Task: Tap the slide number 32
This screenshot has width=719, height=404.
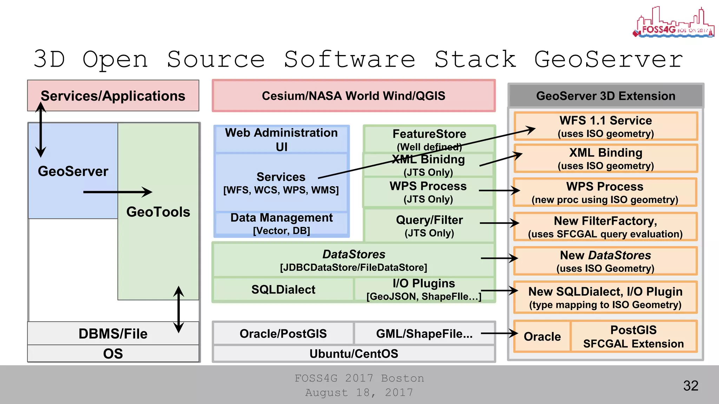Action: (691, 386)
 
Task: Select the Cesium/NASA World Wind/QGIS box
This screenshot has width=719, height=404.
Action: (354, 96)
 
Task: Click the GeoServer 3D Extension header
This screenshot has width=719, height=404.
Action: (606, 96)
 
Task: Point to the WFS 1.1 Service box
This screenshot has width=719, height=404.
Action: (606, 126)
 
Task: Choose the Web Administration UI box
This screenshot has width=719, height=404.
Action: (282, 140)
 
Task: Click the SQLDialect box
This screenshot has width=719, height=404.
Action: (283, 290)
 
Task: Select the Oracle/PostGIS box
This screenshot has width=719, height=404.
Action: (283, 334)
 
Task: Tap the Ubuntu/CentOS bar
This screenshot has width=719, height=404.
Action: (354, 353)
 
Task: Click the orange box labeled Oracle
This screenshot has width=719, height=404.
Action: (542, 337)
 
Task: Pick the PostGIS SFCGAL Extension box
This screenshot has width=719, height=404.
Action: (633, 337)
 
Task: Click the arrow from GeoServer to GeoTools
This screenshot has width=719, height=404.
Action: (118, 192)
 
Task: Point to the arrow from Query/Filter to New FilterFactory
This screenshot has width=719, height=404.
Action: (499, 223)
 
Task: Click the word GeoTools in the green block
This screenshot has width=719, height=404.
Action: (158, 212)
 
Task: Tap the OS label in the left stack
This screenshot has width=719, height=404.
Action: (113, 353)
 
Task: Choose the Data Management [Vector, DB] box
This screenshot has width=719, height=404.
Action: (282, 224)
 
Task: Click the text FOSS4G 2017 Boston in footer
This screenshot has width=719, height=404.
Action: (359, 378)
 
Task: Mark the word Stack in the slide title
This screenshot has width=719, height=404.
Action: (475, 59)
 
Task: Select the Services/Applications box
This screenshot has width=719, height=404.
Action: (113, 96)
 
